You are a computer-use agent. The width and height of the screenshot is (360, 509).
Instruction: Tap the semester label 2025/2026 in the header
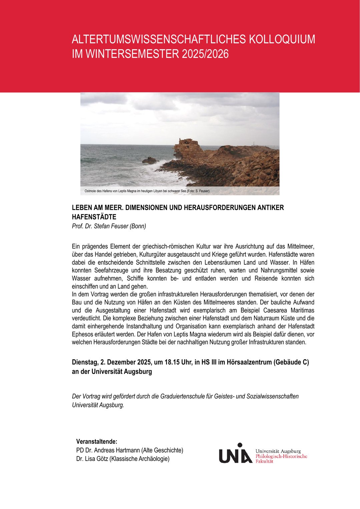point(205,54)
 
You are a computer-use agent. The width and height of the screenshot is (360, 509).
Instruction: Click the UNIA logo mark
point(235,454)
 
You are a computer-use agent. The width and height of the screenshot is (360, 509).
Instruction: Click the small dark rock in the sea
point(149,161)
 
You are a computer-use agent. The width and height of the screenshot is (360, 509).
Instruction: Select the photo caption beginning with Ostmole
point(147,191)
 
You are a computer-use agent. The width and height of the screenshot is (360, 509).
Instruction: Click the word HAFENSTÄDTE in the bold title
point(94,217)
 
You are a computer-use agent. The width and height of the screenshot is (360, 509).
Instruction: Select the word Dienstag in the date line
point(84,362)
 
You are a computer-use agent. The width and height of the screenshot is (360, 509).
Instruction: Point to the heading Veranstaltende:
point(97,442)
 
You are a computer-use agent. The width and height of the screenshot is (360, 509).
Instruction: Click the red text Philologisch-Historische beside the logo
point(281,456)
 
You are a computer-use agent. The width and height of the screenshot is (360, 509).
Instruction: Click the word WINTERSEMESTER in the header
point(132,54)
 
